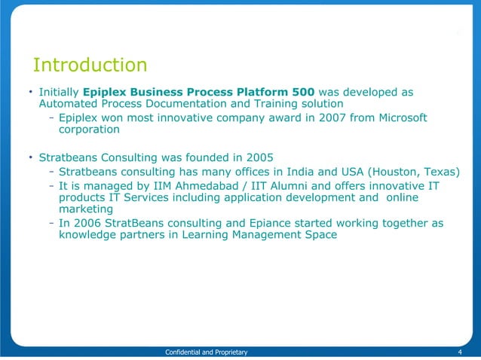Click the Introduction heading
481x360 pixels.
pos(90,65)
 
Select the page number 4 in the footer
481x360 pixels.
pos(460,352)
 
